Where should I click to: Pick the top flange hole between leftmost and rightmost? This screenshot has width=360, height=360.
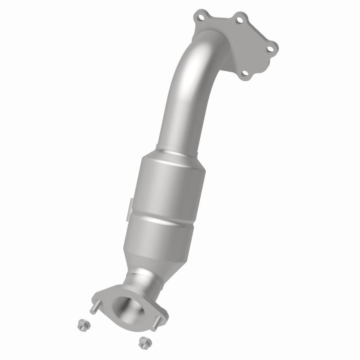tap(240, 20)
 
